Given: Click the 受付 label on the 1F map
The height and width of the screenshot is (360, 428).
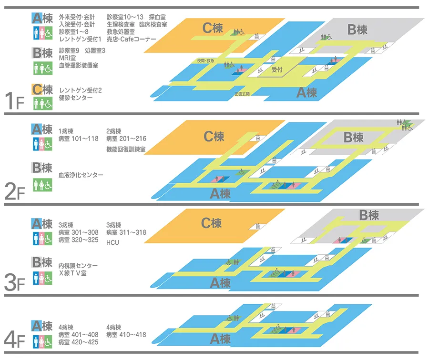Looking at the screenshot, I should coord(276,69).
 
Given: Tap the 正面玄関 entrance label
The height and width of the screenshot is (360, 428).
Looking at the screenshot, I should coord(242,94).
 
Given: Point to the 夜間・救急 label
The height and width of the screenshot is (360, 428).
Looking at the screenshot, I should coord(205,61).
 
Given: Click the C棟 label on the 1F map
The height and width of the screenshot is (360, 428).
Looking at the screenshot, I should coord(212,28).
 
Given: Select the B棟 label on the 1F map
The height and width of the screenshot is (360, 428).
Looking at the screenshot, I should coord(357,30).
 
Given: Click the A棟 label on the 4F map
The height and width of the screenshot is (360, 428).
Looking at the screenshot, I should coord(220,339).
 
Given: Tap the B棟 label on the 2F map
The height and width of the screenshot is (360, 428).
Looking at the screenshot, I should coord(354,138).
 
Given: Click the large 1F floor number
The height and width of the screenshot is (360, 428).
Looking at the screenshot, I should coord(13,100).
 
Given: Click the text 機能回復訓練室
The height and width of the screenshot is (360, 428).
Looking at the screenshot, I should coord(126,150).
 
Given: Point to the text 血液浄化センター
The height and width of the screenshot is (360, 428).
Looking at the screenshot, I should coord(81,175).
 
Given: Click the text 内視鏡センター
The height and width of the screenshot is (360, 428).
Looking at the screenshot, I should coord(78,266).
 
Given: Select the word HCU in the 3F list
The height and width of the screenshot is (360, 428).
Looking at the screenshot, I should coord(112,243).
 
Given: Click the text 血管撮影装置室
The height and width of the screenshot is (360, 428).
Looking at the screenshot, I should coord(78,65).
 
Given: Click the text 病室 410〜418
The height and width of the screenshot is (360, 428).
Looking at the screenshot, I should coord(126,335).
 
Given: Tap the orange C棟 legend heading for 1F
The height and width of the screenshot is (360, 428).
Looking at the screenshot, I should coord(42,89).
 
